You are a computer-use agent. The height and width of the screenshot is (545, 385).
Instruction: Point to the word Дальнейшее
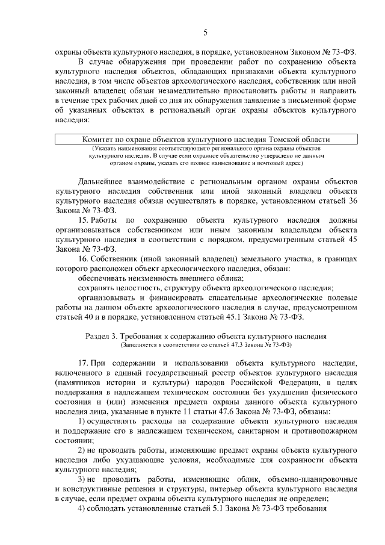103,181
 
